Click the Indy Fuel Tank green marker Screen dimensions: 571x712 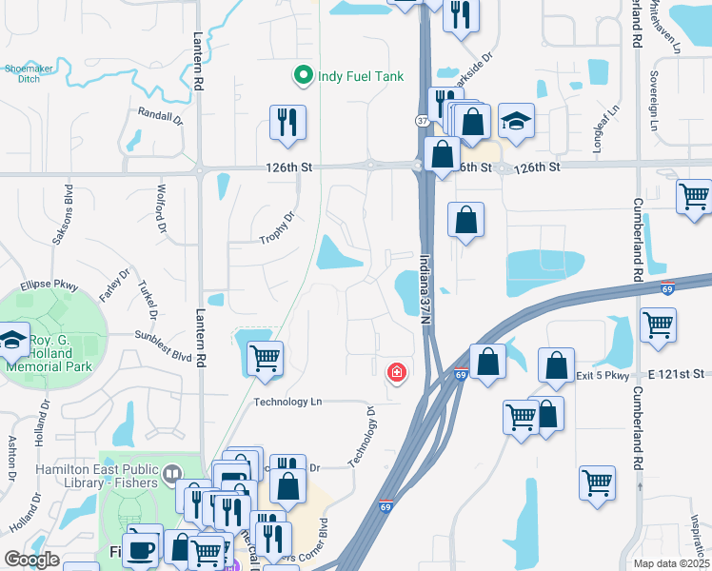(303, 75)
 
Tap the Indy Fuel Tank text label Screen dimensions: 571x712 (361, 76)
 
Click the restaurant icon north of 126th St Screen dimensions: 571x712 (287, 122)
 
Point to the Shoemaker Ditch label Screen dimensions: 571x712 (28, 72)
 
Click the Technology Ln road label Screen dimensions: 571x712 (287, 402)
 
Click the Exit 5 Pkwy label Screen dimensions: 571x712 (603, 375)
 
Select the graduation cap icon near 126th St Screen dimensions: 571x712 (516, 121)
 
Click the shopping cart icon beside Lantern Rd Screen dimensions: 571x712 (265, 358)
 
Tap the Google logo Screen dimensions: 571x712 (32, 560)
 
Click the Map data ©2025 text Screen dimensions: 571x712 (670, 563)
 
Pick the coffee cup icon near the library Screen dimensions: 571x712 (144, 549)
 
